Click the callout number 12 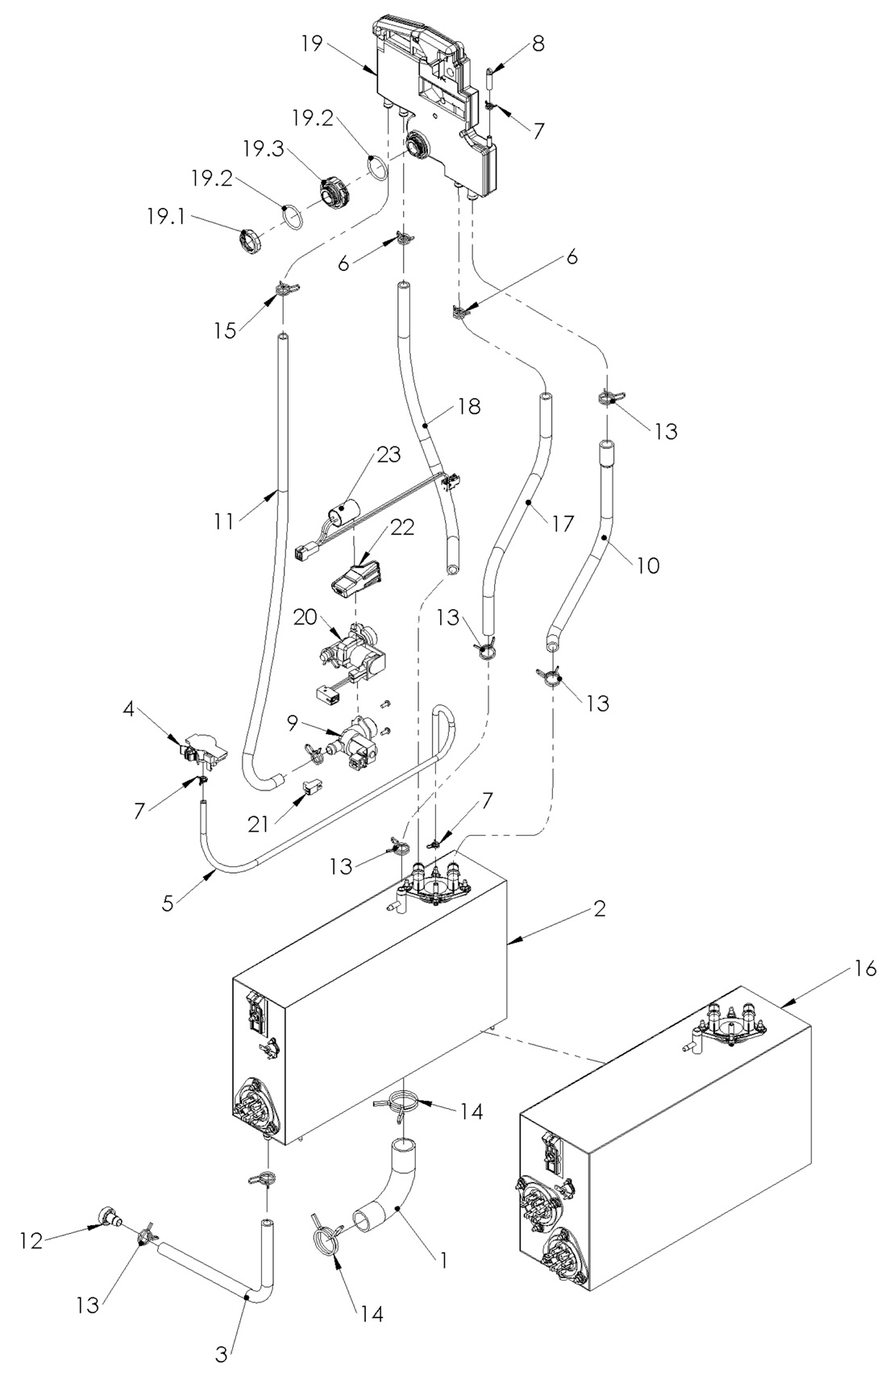tap(31, 1242)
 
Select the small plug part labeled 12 tap(107, 1217)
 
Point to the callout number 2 tap(598, 909)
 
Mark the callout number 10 tap(646, 565)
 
